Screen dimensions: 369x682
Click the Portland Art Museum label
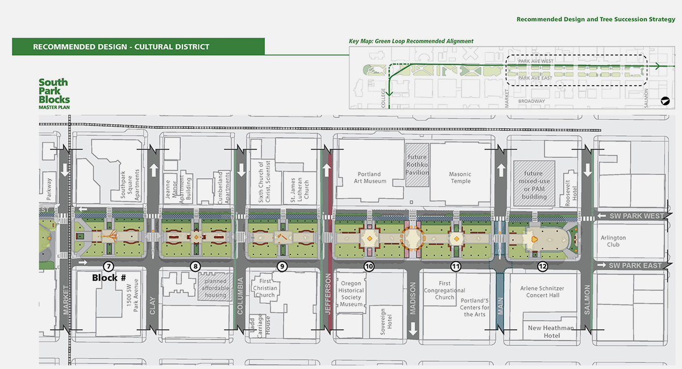[x=372, y=178]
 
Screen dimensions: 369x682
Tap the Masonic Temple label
[x=460, y=178]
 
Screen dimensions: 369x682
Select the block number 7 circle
[x=109, y=266]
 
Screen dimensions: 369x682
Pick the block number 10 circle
[x=369, y=266]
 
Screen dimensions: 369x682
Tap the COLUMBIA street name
[x=241, y=295]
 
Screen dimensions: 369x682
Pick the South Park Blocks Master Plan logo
[x=53, y=94]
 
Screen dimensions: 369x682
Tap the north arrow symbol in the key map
[x=664, y=101]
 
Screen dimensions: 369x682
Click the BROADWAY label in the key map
[x=531, y=101]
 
